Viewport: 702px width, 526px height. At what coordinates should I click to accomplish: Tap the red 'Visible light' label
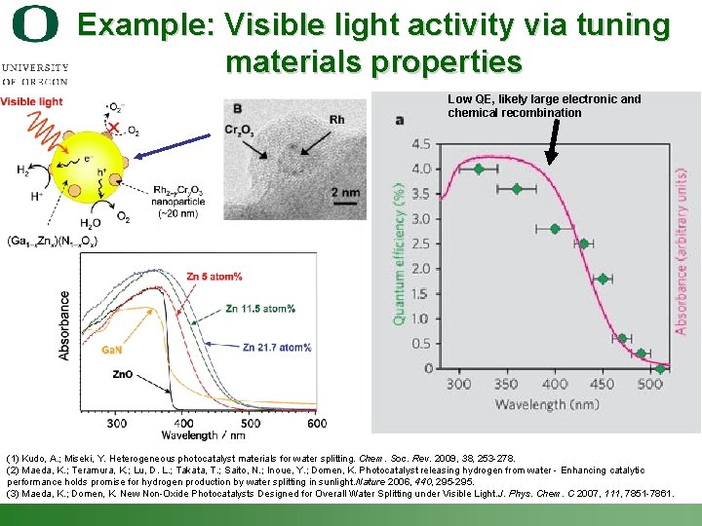[31, 101]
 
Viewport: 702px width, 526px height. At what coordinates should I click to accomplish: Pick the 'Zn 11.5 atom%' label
[260, 309]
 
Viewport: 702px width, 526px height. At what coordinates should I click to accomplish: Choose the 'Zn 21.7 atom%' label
[277, 347]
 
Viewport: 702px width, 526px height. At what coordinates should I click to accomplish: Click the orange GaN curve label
[112, 350]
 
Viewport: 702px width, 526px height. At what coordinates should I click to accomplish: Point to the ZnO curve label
[123, 374]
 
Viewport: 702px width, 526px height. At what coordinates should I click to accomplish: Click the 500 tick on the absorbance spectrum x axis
[250, 423]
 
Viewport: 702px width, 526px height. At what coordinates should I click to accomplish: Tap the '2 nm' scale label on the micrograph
[345, 193]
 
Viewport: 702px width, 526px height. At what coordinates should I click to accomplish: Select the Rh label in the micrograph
[337, 120]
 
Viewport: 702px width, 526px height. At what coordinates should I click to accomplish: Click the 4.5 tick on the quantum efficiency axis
[420, 144]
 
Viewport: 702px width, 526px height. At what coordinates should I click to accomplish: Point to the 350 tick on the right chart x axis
[506, 385]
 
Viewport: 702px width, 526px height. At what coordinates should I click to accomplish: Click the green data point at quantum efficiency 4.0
[478, 169]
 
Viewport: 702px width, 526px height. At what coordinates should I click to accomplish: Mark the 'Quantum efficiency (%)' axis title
[399, 255]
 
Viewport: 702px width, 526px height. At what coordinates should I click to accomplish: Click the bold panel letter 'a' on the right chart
[399, 120]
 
